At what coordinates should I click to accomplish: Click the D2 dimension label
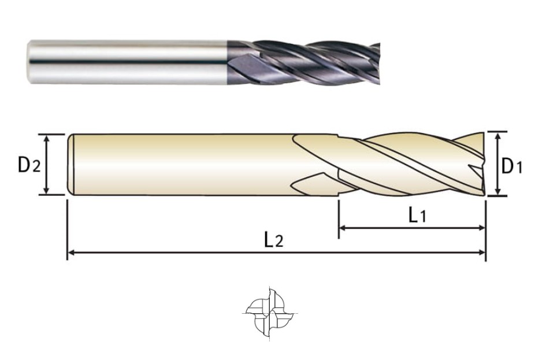point(29,165)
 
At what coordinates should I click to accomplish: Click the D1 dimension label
point(511,166)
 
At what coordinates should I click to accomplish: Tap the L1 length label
point(417,215)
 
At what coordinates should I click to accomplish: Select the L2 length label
point(274,240)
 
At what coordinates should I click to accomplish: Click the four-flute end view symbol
point(270,313)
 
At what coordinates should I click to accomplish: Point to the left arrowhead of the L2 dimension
point(72,253)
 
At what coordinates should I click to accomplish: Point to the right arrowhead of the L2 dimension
point(482,253)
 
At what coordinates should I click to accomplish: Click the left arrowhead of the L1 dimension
point(342,228)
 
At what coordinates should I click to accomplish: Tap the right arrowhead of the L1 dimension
point(481,228)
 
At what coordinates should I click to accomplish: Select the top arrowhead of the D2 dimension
point(47,138)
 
